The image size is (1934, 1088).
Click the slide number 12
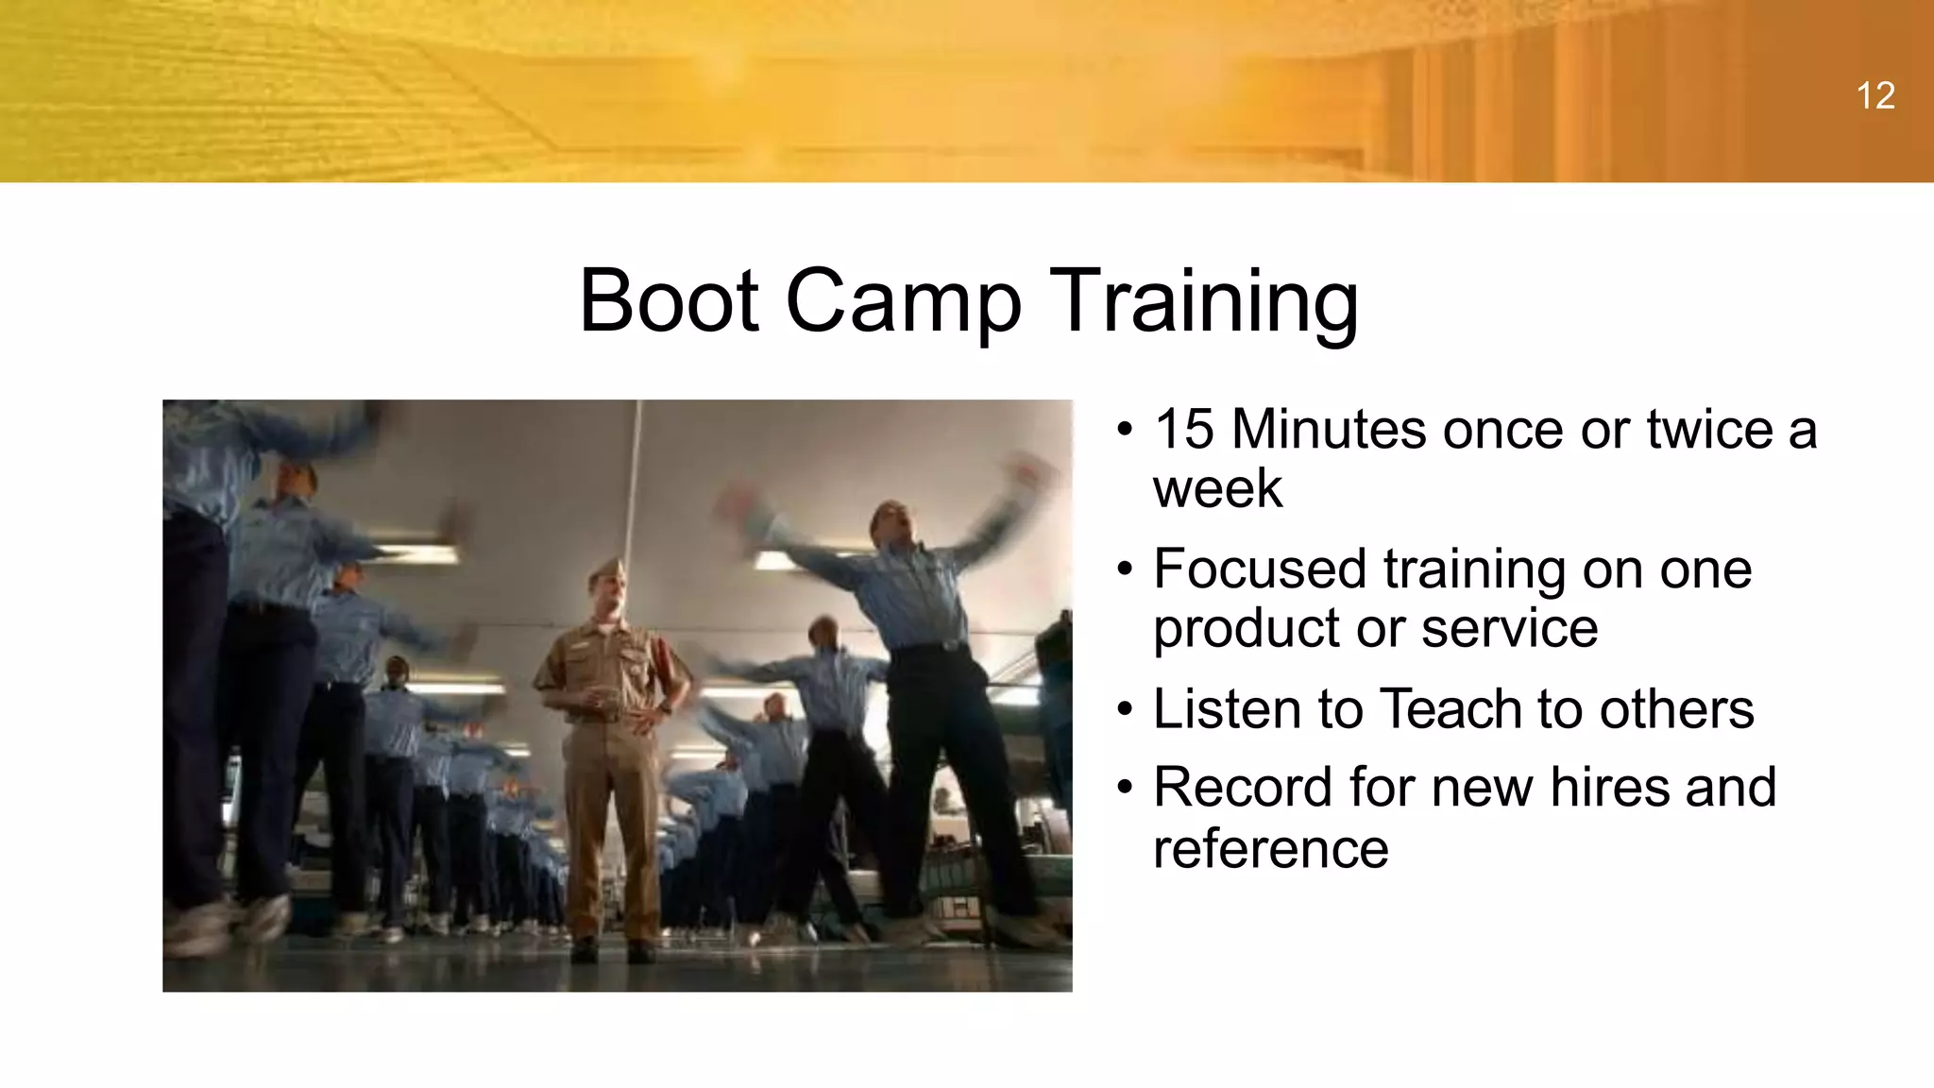1875,96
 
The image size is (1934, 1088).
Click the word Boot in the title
669,301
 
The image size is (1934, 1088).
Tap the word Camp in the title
903,301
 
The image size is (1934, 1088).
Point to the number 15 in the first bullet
1183,430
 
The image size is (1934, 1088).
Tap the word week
1217,489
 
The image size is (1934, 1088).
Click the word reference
1270,847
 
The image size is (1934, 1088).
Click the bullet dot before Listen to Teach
1124,710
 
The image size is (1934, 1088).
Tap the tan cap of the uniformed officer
605,570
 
